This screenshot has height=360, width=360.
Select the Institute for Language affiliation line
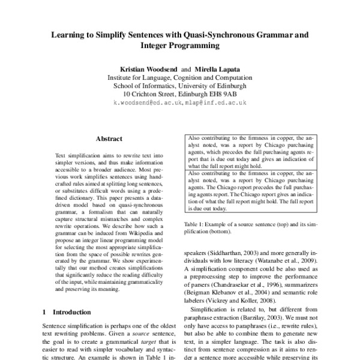click(x=180, y=78)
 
